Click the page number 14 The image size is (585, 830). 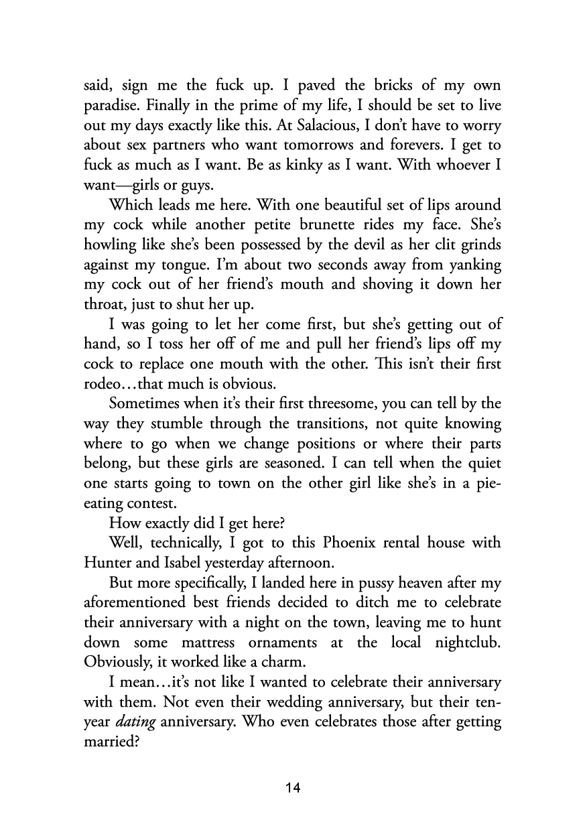pos(292,788)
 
